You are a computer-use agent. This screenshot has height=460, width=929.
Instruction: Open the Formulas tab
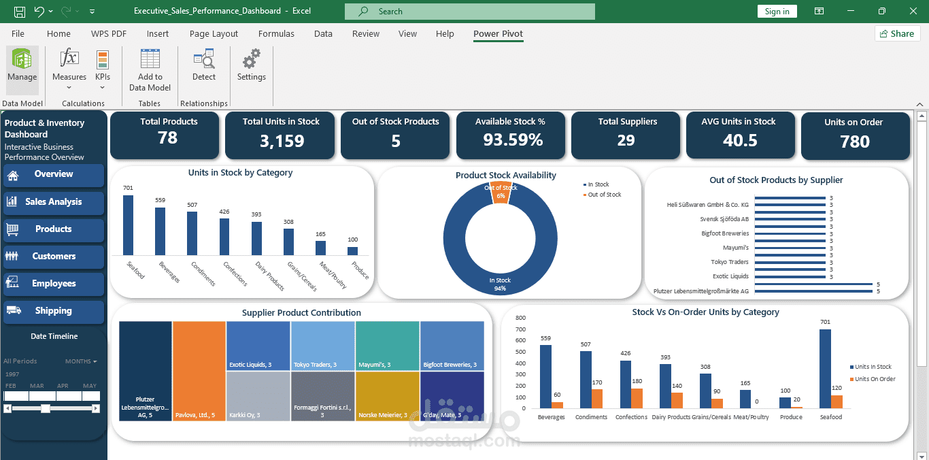tap(276, 33)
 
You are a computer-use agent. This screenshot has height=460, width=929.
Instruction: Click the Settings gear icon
tap(252, 59)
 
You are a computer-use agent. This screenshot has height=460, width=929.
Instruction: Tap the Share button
tap(898, 33)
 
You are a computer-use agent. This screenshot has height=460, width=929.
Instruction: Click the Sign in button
tap(777, 11)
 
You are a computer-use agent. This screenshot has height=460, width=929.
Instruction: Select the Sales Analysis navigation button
tap(54, 202)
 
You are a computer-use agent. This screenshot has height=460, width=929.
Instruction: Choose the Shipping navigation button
tap(54, 311)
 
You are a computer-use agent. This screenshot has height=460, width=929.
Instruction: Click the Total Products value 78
tap(167, 137)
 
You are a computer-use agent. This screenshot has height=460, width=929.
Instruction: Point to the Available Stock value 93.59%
tap(513, 139)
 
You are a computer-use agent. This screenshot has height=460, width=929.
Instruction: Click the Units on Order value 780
tap(855, 142)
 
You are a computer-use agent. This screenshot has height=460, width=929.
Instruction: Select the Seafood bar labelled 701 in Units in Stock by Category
tap(128, 225)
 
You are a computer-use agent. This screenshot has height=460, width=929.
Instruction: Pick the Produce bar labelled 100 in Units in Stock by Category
tap(352, 251)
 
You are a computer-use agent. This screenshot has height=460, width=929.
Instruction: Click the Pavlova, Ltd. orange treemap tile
tap(199, 372)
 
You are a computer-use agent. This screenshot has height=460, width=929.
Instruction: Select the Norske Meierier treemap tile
tap(387, 396)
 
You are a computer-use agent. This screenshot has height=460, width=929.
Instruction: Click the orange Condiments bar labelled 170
tap(597, 399)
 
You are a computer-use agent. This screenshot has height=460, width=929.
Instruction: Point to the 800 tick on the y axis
tap(520, 318)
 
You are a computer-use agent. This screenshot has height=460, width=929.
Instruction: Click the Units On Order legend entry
tap(873, 379)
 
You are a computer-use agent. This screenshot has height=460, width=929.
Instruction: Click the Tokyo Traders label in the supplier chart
tap(730, 262)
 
